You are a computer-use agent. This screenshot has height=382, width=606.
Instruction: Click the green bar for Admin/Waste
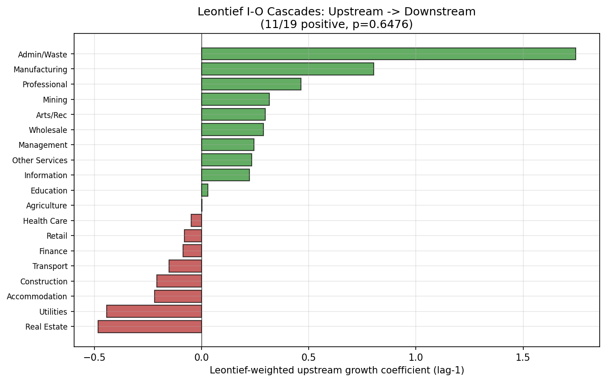click(388, 54)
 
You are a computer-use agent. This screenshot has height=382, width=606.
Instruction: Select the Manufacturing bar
click(287, 69)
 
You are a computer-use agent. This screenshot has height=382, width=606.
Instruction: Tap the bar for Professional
click(251, 84)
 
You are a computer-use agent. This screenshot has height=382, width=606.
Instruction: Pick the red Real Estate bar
click(150, 326)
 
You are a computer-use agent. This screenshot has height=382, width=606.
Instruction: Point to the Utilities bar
click(154, 311)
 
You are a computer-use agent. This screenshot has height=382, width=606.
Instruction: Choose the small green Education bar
click(205, 190)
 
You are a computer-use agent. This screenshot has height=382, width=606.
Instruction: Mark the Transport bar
click(185, 266)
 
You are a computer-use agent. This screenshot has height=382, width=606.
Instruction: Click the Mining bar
click(235, 99)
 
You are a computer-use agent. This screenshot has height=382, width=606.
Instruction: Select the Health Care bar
click(197, 221)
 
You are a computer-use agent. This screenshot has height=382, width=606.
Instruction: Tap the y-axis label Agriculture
click(47, 206)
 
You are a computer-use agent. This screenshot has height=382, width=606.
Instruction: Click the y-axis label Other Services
click(40, 160)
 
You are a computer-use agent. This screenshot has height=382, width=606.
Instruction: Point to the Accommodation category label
click(37, 297)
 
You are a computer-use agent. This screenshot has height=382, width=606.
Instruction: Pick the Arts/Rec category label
click(52, 115)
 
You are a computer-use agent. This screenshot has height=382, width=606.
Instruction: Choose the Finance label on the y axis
click(53, 251)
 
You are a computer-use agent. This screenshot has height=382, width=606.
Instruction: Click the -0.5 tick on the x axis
click(94, 357)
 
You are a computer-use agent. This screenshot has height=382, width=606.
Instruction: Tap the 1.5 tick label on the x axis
click(523, 357)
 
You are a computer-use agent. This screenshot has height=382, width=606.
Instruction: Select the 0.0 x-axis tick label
click(202, 357)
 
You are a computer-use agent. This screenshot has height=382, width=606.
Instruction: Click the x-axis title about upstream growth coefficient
click(337, 370)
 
